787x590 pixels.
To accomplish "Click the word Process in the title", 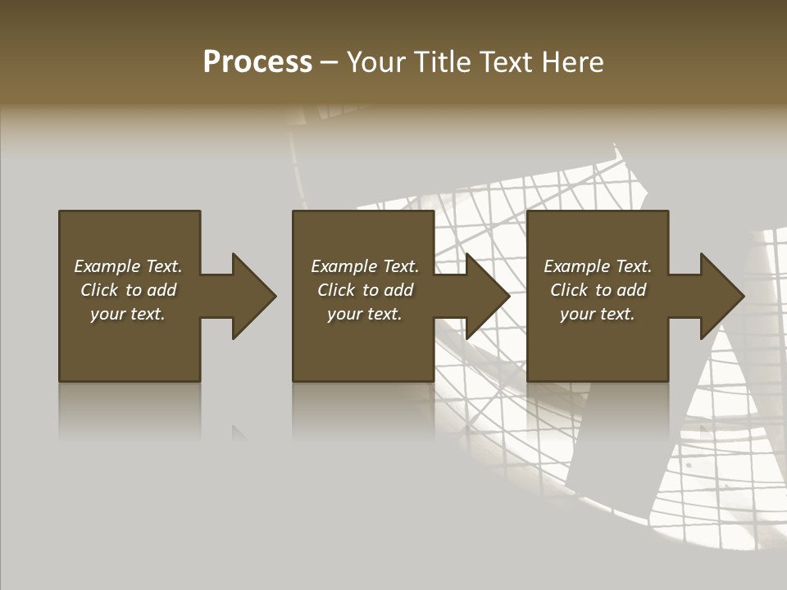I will coord(257,62).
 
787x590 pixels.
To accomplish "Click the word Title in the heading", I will coord(444,62).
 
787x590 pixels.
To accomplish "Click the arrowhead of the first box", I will coord(252,296).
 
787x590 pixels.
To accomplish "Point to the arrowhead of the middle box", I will coord(486,296).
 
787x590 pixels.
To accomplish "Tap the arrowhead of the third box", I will coord(721,296).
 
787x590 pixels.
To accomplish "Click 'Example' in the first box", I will coord(107,266).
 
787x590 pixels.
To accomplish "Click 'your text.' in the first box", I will coord(128,314).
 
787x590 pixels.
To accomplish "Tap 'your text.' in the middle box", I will coord(365,314).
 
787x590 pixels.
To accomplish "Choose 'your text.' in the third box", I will coord(598,314).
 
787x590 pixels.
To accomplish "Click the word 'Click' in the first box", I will coord(99,290).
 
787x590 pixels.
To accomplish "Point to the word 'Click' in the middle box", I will coord(336,290).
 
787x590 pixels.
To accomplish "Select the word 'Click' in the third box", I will coord(569,290).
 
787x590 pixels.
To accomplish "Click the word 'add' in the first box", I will coord(162,290).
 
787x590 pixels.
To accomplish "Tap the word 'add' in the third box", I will coord(632,290).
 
